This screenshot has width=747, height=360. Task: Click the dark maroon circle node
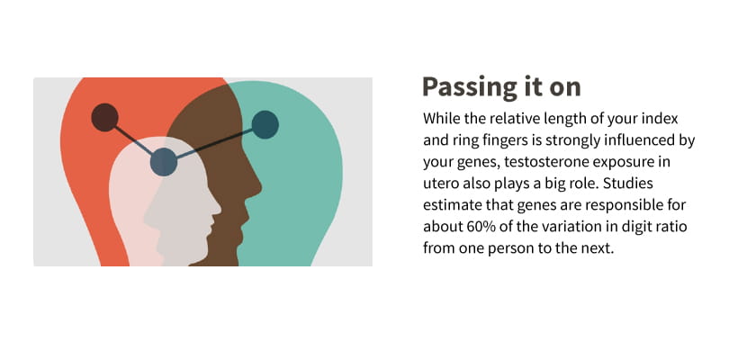point(105,117)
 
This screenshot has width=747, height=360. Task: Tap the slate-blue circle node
point(164,162)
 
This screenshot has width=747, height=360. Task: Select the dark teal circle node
point(265,124)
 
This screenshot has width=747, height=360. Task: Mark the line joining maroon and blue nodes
point(134,139)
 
